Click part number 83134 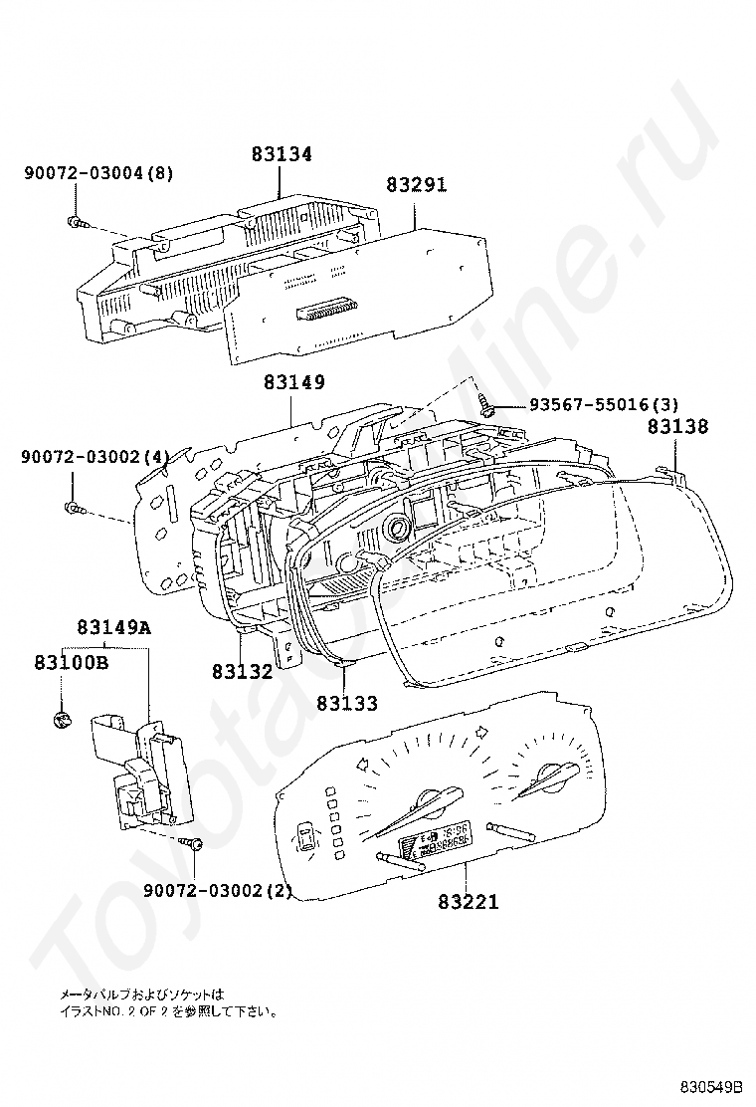click(x=282, y=154)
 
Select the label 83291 click(x=417, y=185)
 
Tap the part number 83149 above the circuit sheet click(x=294, y=382)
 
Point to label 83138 click(x=678, y=426)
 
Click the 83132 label click(x=242, y=671)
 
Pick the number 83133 click(x=347, y=703)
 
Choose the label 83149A click(x=114, y=627)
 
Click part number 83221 click(x=469, y=902)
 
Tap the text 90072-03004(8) click(x=98, y=173)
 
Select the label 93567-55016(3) click(x=604, y=404)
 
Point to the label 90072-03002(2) click(x=218, y=890)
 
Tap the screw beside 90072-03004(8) click(x=75, y=220)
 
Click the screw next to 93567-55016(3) click(x=488, y=404)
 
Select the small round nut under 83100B click(x=60, y=719)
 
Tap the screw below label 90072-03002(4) click(x=73, y=509)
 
